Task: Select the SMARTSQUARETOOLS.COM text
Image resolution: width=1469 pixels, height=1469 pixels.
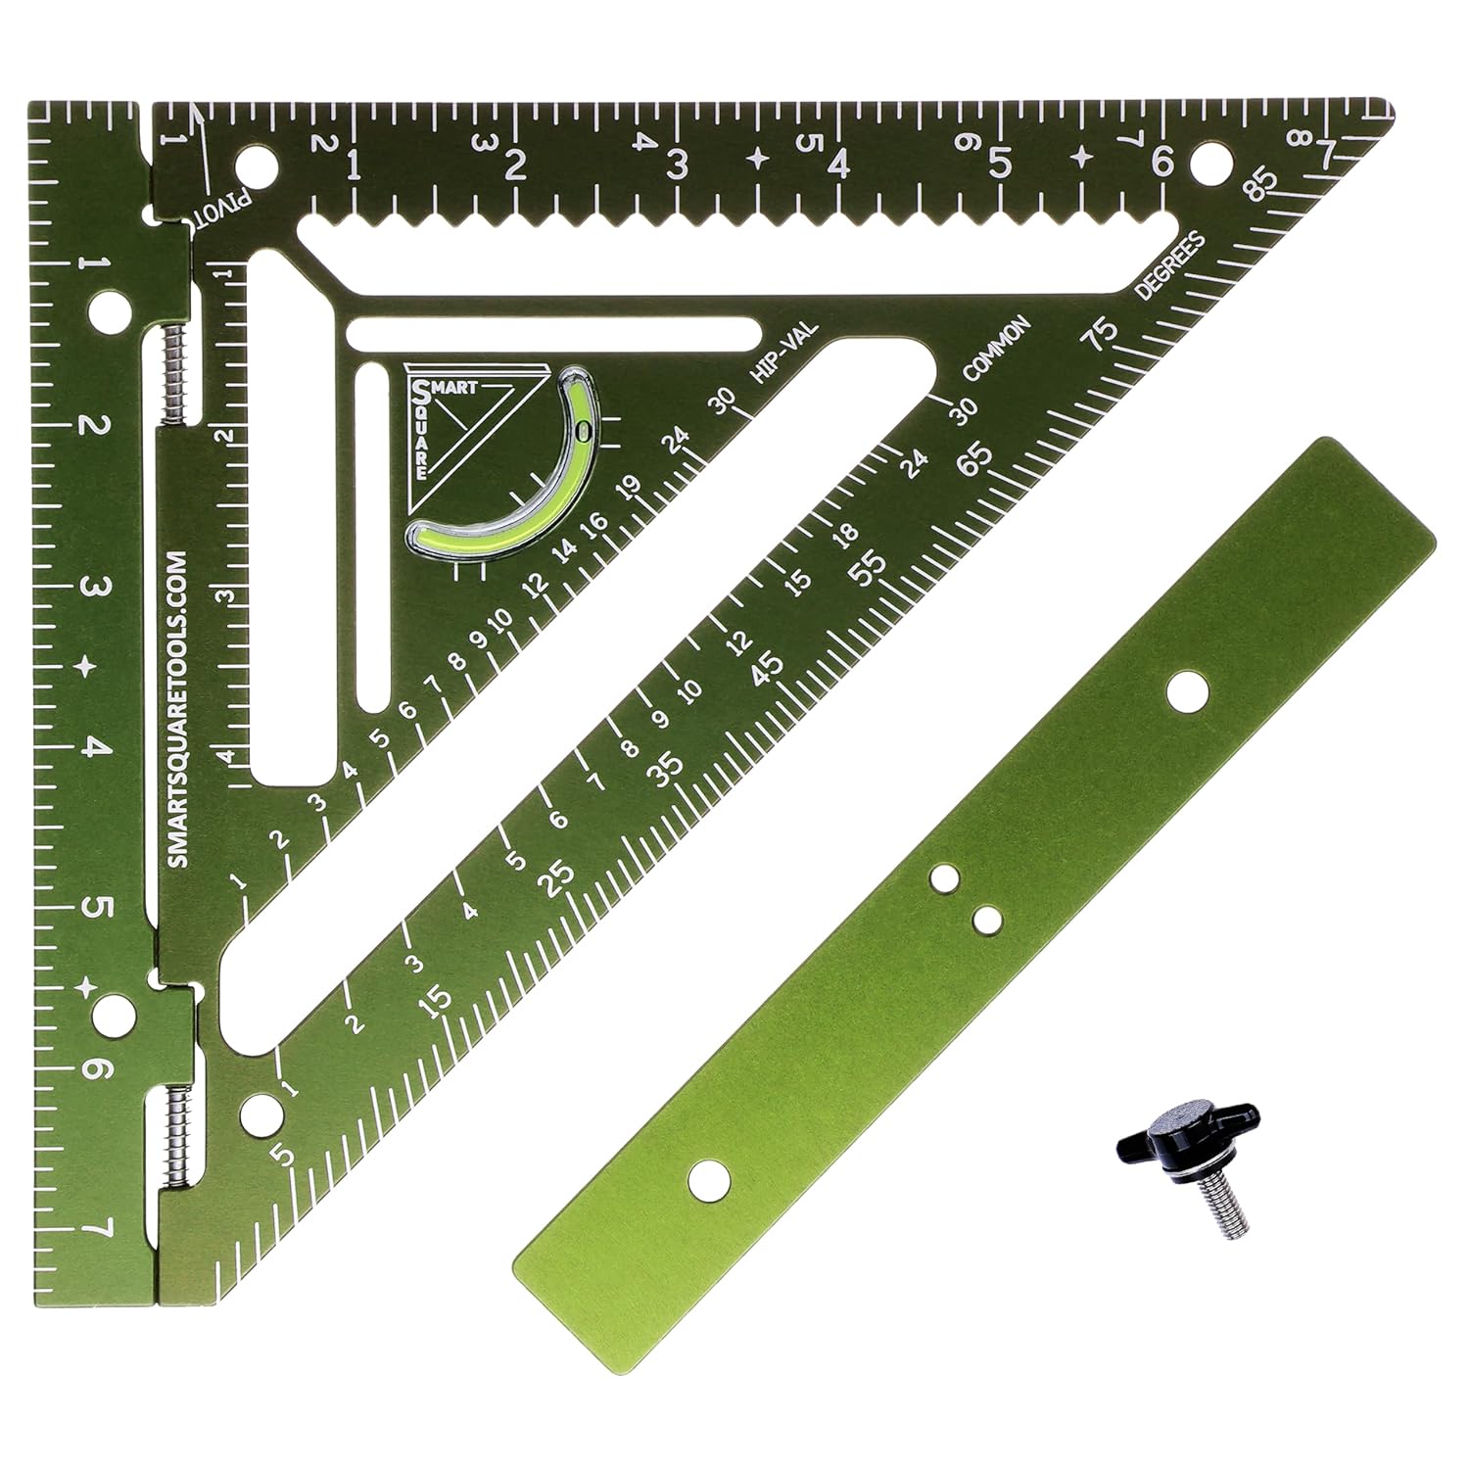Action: (177, 704)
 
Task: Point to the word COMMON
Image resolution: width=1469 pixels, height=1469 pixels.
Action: (997, 349)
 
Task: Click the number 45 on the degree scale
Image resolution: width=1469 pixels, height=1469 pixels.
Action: (769, 667)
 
